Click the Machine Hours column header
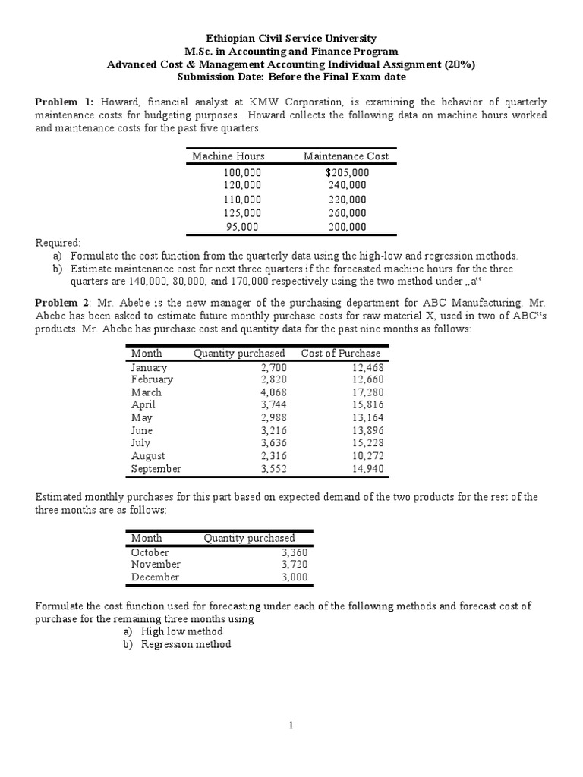click(x=228, y=156)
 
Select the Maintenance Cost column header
click(x=345, y=156)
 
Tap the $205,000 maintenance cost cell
click(x=347, y=172)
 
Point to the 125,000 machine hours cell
click(x=242, y=213)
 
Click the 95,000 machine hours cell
click(x=242, y=227)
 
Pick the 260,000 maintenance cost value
click(x=347, y=213)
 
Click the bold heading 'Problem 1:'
click(x=65, y=102)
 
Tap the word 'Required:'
click(x=58, y=242)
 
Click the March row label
click(x=146, y=392)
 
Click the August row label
click(x=148, y=456)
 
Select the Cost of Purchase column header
click(x=341, y=354)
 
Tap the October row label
click(x=150, y=552)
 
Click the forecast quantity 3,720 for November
click(x=295, y=565)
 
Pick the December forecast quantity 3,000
click(x=295, y=577)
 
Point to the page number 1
click(x=291, y=725)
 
